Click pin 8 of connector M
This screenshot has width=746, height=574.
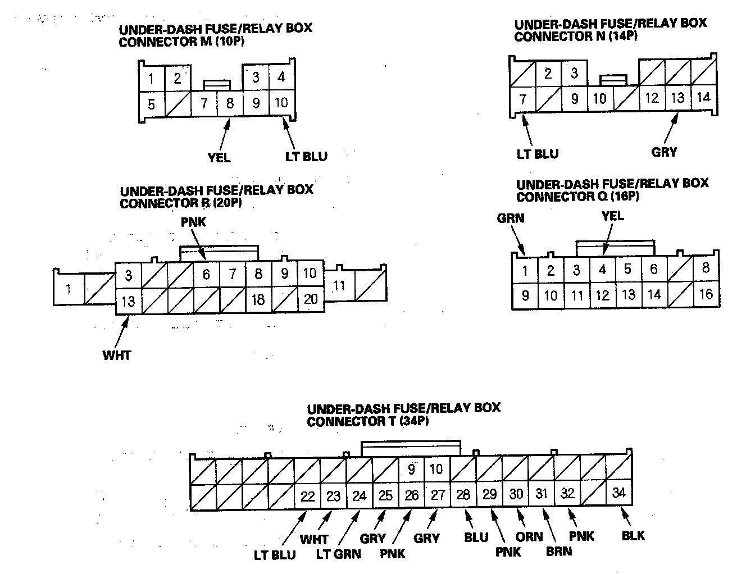[x=229, y=104]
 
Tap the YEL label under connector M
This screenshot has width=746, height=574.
[x=219, y=158]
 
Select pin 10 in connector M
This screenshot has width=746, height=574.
[x=281, y=103]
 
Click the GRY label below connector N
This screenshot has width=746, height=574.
[x=664, y=152]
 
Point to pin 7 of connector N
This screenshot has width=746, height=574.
[x=522, y=99]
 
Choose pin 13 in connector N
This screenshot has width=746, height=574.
[x=677, y=98]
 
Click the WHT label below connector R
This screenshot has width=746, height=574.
[x=117, y=355]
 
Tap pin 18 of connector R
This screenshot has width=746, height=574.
[x=258, y=299]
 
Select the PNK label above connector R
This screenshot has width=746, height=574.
[x=193, y=222]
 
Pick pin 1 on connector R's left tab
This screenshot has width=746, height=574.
[x=68, y=289]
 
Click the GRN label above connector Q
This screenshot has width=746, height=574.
[x=510, y=218]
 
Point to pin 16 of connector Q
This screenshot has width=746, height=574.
[x=706, y=294]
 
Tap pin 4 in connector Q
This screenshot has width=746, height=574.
[x=602, y=270]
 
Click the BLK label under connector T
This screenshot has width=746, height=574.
[x=633, y=535]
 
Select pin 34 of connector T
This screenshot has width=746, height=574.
[x=618, y=493]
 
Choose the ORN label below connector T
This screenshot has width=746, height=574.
[x=529, y=537]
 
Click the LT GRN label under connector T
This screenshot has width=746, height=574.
[x=339, y=554]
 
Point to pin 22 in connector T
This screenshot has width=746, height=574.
[x=307, y=496]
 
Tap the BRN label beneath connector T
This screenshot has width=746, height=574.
[x=559, y=551]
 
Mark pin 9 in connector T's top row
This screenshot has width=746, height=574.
[x=411, y=468]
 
